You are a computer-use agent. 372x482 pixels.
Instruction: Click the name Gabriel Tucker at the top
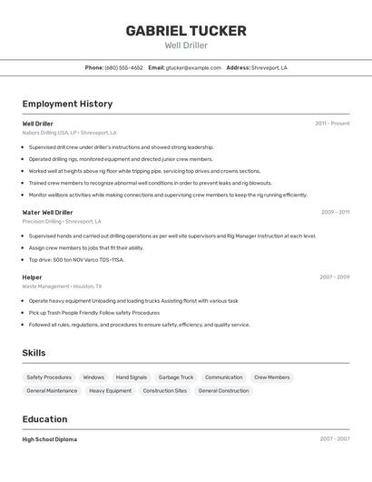click(x=186, y=30)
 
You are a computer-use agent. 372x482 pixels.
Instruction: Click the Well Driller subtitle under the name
click(x=186, y=45)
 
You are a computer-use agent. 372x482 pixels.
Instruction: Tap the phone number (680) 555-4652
click(x=124, y=67)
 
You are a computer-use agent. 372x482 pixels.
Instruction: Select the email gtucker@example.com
click(x=193, y=67)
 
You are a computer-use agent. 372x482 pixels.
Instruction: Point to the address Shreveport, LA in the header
click(x=269, y=67)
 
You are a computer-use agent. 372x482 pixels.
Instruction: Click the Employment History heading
click(x=67, y=104)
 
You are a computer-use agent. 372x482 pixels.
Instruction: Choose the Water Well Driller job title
click(x=47, y=212)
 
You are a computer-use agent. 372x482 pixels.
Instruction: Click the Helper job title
click(x=32, y=276)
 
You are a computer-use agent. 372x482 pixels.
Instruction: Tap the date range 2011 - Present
click(x=332, y=123)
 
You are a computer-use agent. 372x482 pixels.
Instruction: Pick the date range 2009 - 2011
click(x=335, y=212)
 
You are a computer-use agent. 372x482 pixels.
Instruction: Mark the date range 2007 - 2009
click(x=334, y=276)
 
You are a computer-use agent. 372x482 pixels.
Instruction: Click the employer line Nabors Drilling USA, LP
click(x=69, y=132)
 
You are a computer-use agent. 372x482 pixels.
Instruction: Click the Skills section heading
click(x=34, y=352)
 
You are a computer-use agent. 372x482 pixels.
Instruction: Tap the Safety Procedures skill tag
click(x=49, y=377)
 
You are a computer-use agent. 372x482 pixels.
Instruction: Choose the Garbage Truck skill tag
click(x=176, y=377)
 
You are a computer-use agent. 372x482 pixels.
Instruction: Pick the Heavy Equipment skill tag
click(x=110, y=390)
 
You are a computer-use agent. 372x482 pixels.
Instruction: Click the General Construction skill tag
click(x=223, y=390)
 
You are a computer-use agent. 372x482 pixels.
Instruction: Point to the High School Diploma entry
click(x=49, y=439)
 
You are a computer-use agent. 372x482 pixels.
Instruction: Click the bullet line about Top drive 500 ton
click(x=76, y=259)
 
